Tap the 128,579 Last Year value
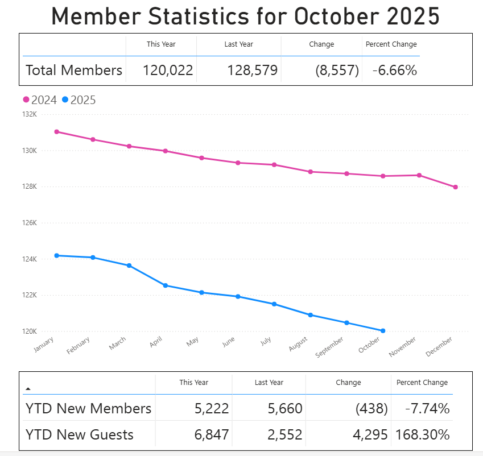pyautogui.click(x=252, y=71)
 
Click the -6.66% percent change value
pyautogui.click(x=395, y=71)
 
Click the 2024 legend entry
pyautogui.click(x=40, y=100)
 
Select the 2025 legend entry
pyautogui.click(x=79, y=100)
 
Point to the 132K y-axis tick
pyautogui.click(x=29, y=115)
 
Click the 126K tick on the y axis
pyautogui.click(x=29, y=223)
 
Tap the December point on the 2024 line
pyautogui.click(x=456, y=187)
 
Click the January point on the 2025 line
pyautogui.click(x=57, y=255)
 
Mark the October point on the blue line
pyautogui.click(x=383, y=330)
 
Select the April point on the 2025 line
pyautogui.click(x=166, y=285)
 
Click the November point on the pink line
pyautogui.click(x=419, y=175)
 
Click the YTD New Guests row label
pyautogui.click(x=80, y=435)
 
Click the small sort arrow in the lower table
pyautogui.click(x=28, y=388)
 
